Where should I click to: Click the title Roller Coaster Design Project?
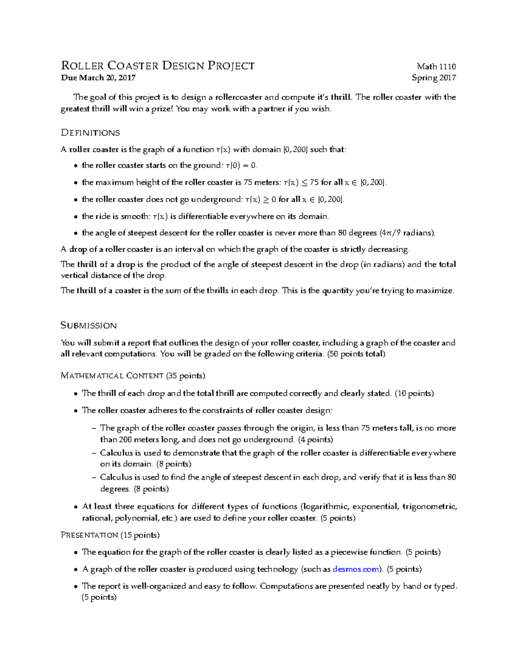(158, 66)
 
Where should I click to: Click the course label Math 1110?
(436, 66)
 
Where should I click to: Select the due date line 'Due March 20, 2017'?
(98, 78)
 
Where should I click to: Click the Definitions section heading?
(90, 133)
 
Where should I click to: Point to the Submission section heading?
(89, 325)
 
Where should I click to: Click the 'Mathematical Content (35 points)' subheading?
(133, 376)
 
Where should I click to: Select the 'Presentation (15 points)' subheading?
(110, 535)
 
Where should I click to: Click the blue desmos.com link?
(356, 569)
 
